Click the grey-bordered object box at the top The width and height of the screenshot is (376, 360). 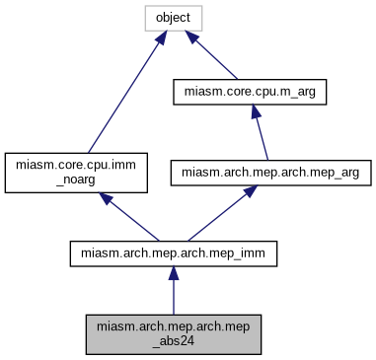173,19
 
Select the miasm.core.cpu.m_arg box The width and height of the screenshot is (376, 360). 250,93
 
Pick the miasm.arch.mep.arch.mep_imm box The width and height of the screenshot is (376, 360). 174,253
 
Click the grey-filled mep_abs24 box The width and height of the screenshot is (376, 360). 174,334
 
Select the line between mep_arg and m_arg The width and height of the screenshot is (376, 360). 260,133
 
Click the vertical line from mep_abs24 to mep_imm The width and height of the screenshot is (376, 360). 174,296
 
